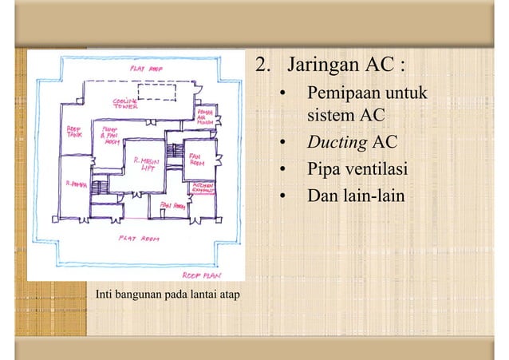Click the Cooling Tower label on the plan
[x=125, y=104]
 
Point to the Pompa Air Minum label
[x=205, y=118]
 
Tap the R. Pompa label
[x=77, y=183]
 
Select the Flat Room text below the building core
[x=140, y=238]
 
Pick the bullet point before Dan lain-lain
[x=282, y=196]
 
